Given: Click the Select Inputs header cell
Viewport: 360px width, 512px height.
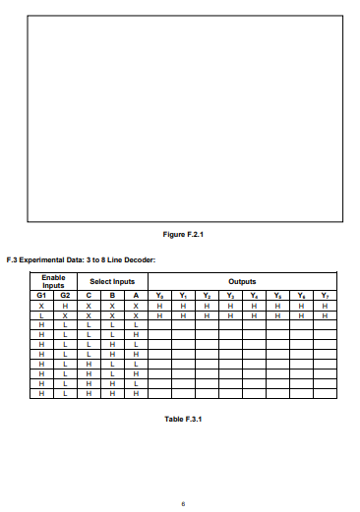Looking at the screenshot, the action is [112, 282].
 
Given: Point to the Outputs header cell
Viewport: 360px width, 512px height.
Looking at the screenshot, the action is [242, 282].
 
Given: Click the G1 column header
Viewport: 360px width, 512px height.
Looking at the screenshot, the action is [41, 295].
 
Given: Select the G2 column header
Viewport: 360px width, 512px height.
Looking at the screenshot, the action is [65, 295].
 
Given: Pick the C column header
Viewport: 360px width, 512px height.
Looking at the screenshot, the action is [89, 295].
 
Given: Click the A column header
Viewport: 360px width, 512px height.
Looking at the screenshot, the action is [136, 295].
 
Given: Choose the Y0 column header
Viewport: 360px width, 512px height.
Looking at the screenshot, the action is [159, 295].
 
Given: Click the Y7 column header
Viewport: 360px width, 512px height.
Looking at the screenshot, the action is [325, 295].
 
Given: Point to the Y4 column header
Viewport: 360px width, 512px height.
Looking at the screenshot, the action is [254, 295].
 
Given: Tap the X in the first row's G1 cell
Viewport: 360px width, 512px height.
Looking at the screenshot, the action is [41, 306].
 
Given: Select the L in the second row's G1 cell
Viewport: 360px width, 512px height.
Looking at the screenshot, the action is [41, 315].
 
